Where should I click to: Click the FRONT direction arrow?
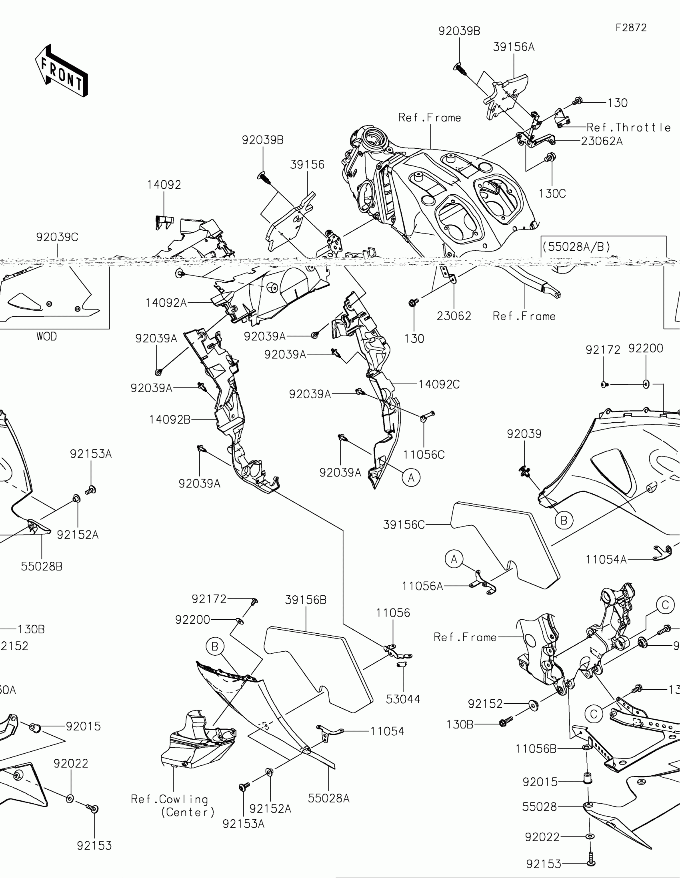[62, 71]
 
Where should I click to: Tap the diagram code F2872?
[631, 28]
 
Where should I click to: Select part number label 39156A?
[514, 48]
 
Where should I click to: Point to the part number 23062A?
[602, 141]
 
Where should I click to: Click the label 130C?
[552, 194]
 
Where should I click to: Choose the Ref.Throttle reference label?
[628, 128]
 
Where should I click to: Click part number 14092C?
[439, 384]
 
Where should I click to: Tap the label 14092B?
[170, 420]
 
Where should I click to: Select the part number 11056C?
[424, 455]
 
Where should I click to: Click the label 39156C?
[404, 525]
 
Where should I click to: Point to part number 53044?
[403, 699]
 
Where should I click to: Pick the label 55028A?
[328, 798]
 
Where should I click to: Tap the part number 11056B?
[536, 748]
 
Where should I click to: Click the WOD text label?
[47, 337]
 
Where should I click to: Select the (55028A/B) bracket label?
[576, 246]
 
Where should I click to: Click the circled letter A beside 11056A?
[454, 559]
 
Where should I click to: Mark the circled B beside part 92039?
[564, 521]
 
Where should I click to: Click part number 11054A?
[606, 559]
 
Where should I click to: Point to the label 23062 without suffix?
[454, 316]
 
